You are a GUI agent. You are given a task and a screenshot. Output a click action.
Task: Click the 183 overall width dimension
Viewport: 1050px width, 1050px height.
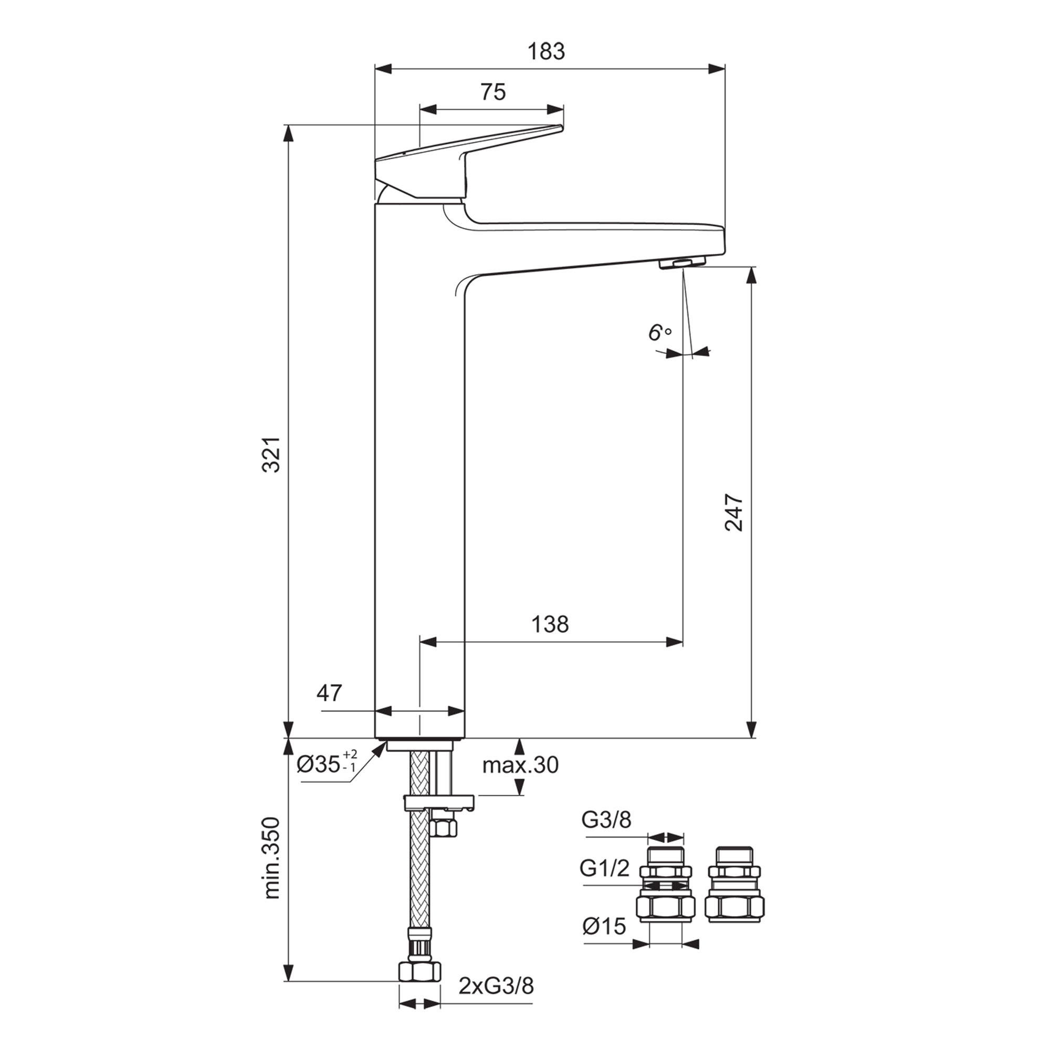(546, 51)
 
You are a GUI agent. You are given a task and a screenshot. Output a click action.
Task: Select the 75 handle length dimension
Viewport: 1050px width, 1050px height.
(493, 92)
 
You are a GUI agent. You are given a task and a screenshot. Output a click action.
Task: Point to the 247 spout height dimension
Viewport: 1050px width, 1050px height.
(734, 512)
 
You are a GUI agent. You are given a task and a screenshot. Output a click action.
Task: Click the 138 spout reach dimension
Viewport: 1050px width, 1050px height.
(550, 624)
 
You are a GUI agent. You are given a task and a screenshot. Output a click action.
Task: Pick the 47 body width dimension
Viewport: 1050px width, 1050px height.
(330, 693)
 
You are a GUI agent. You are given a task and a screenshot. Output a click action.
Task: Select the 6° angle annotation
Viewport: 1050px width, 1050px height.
(659, 332)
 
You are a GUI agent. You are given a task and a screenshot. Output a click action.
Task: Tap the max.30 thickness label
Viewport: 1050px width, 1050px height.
(520, 765)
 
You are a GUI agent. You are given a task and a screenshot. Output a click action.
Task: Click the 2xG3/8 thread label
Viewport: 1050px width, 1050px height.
(496, 1001)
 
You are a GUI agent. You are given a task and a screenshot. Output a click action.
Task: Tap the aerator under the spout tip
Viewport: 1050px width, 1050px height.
(682, 263)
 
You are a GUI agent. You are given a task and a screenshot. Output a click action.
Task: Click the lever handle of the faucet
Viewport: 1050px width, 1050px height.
(435, 163)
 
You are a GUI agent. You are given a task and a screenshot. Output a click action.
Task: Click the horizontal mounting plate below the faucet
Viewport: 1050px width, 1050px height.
(439, 801)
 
